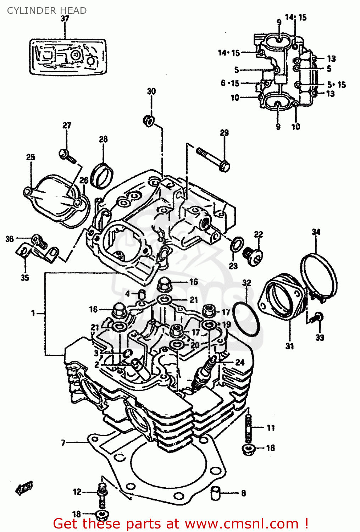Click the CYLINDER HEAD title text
coord(46,11)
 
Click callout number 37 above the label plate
coord(65,18)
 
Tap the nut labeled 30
coord(149,121)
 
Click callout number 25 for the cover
coord(31,157)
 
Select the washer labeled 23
coord(237,244)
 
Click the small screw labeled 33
coord(316,317)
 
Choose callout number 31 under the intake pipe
coord(290,346)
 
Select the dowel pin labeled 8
coord(216,493)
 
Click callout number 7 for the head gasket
coord(63,443)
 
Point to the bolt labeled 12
coord(102,493)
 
